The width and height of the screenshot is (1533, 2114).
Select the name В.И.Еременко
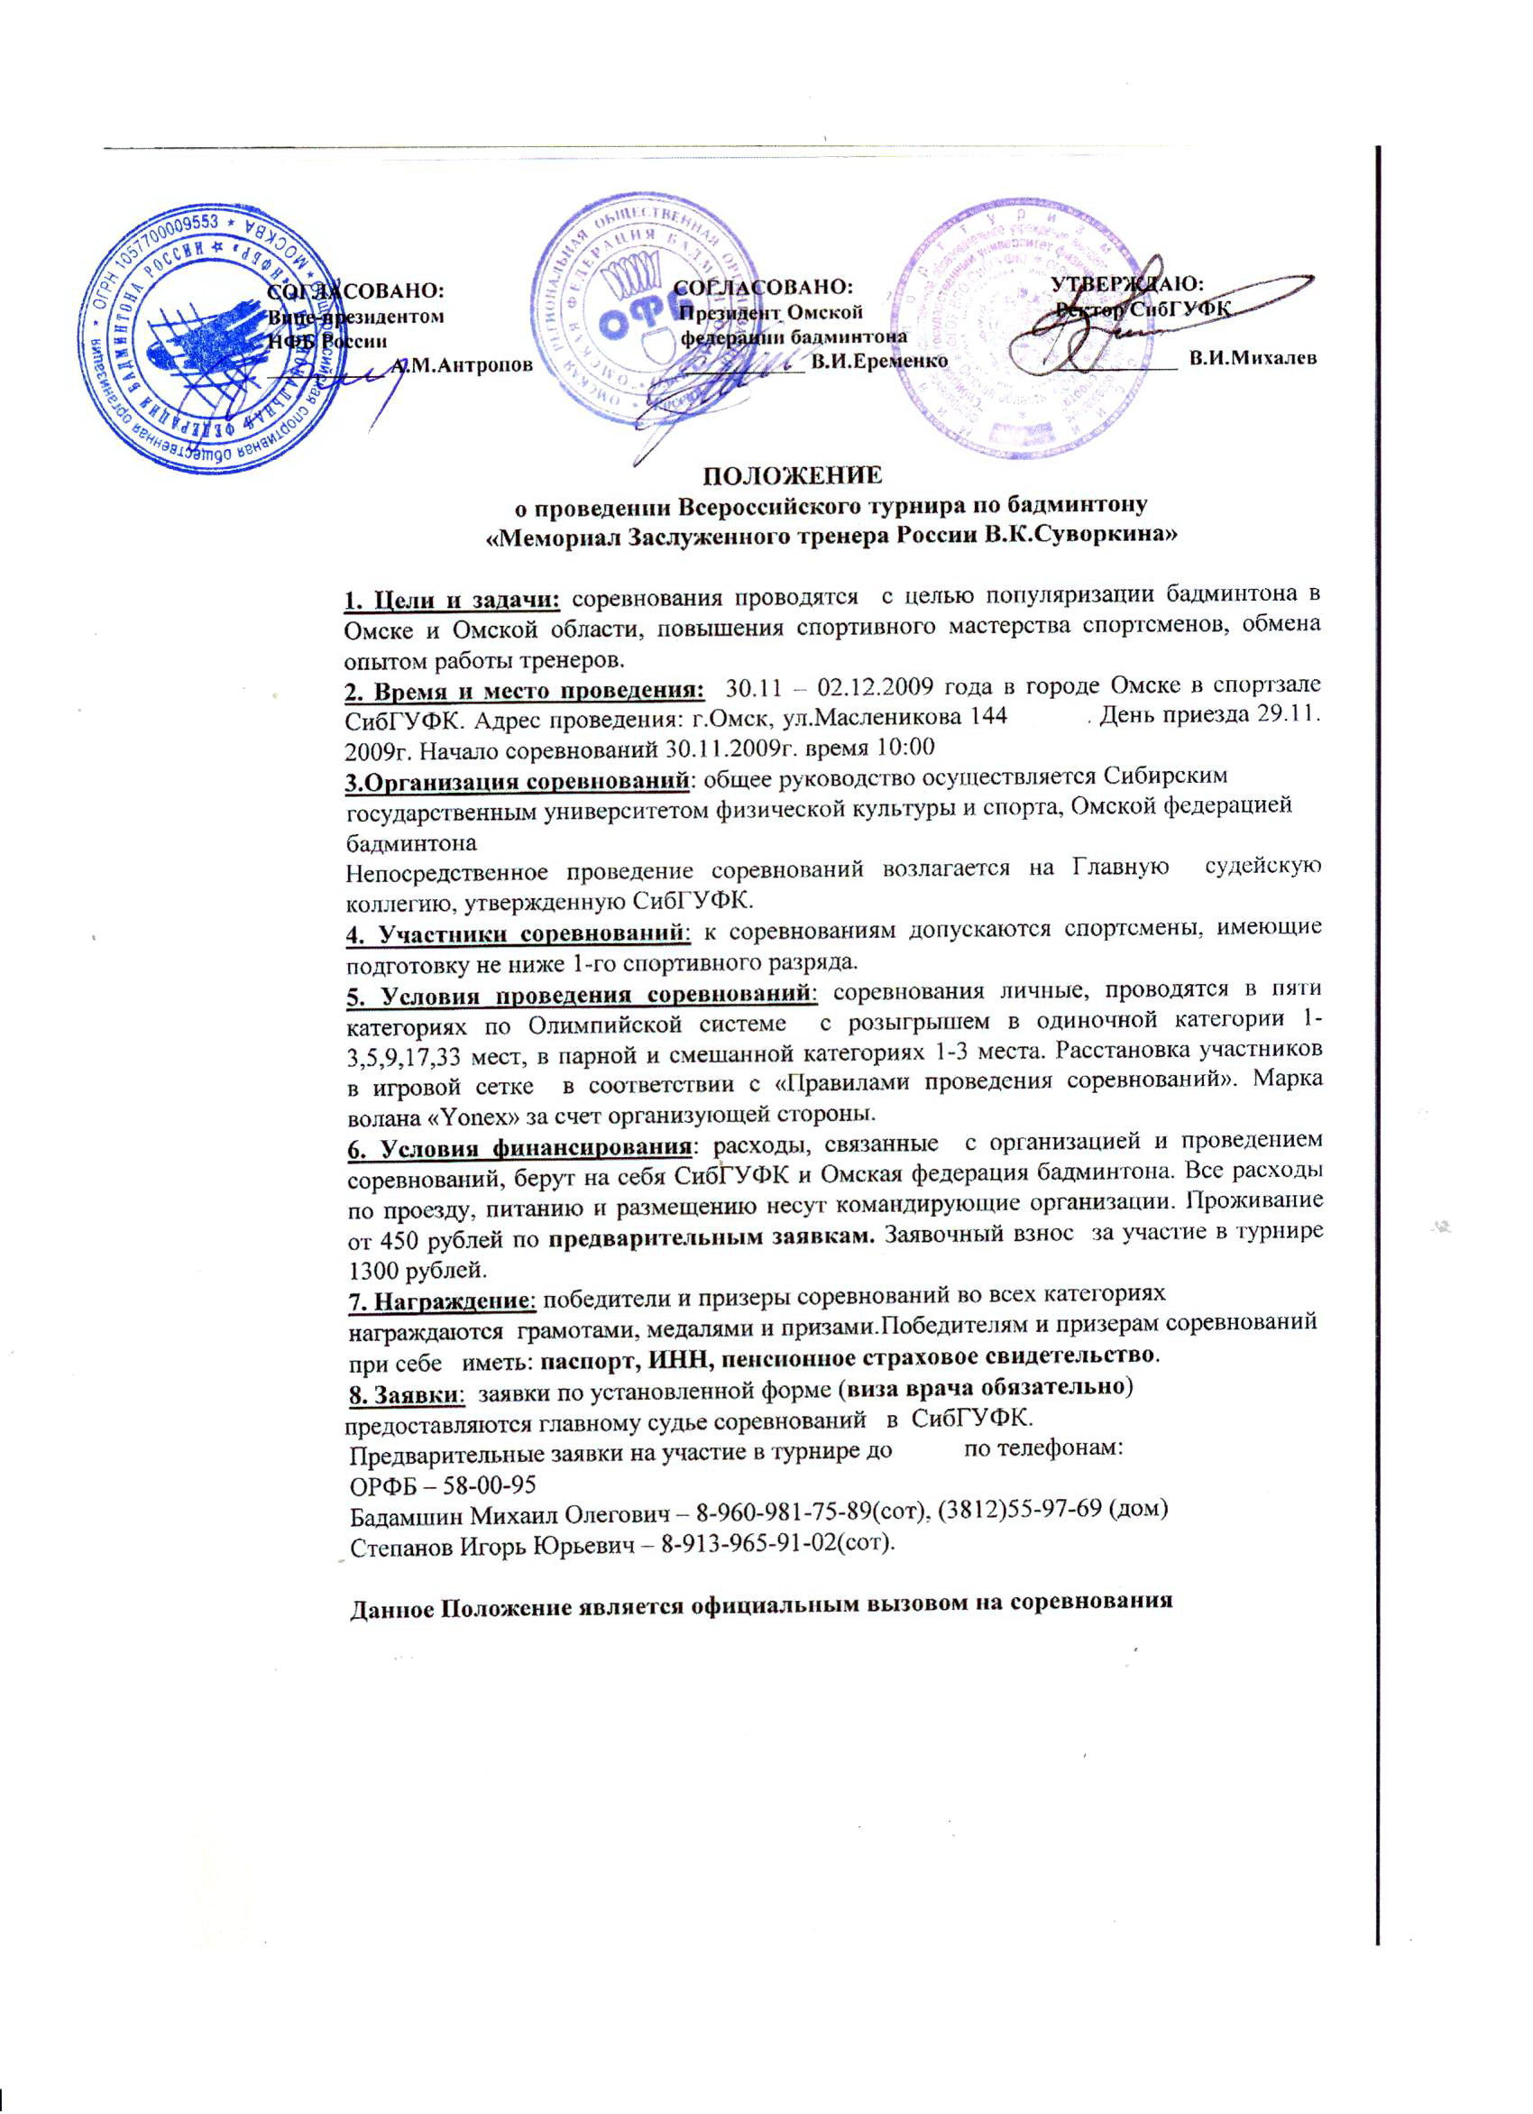click(x=879, y=360)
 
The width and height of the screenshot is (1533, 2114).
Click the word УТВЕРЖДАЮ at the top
click(x=1127, y=282)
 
